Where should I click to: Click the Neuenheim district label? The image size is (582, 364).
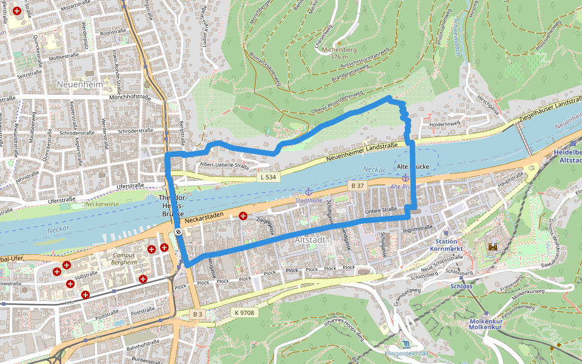point(79,85)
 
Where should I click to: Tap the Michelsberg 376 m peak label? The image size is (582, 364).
point(339,52)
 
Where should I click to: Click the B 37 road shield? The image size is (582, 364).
point(357,184)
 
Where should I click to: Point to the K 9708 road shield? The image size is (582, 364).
point(244,312)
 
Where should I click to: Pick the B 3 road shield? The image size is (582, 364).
point(197,314)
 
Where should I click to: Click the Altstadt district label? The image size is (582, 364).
point(310,240)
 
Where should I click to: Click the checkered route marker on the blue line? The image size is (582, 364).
point(178,232)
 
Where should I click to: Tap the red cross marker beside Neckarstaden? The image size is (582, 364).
point(243,215)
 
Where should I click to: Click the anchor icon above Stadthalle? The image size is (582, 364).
point(307,192)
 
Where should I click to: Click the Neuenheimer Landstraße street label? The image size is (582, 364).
point(361,152)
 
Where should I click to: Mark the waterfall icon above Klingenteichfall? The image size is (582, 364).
point(406,344)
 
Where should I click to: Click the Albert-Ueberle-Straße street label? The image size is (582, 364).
point(224,165)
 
